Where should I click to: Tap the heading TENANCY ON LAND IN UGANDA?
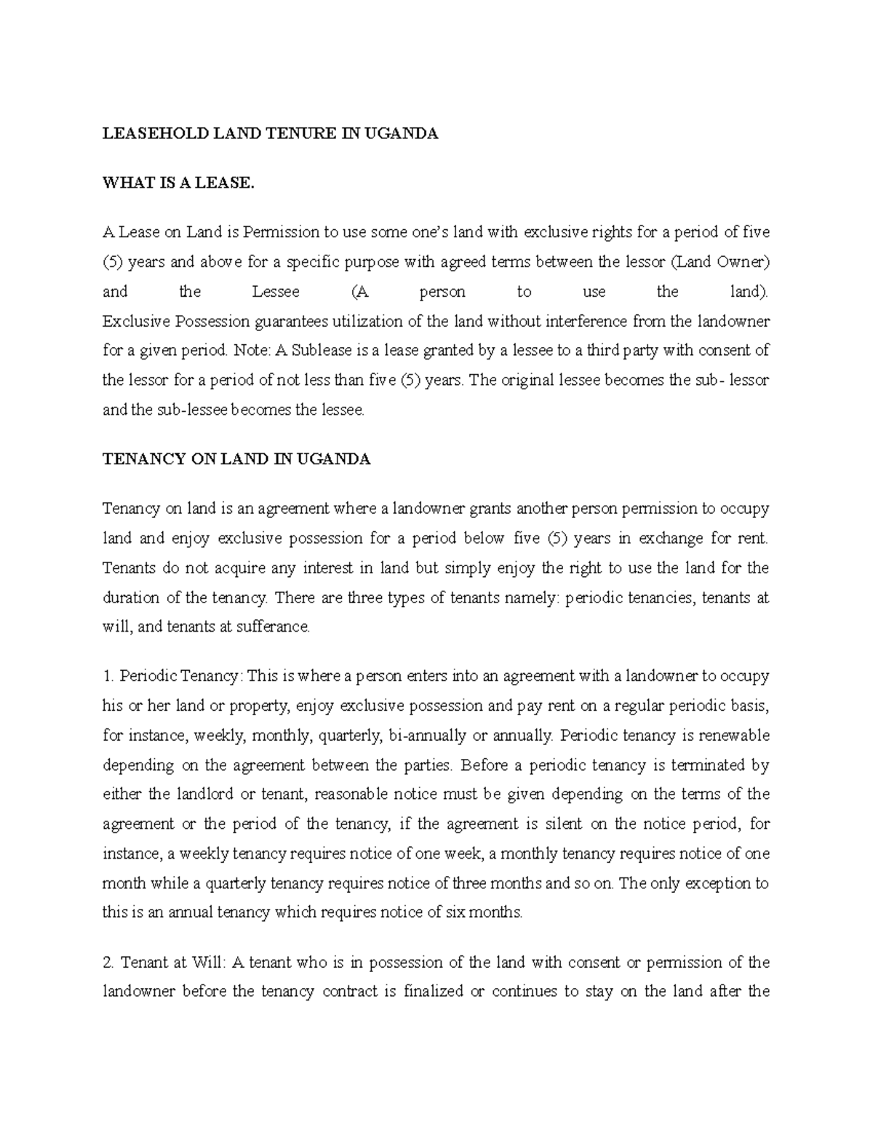[236, 460]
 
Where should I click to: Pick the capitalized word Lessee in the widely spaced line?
[276, 292]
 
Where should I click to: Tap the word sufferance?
[274, 626]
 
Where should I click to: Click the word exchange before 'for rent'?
[670, 538]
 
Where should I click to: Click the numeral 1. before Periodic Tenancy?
[108, 676]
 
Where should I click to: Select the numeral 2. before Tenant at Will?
[109, 963]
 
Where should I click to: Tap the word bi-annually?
[428, 735]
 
